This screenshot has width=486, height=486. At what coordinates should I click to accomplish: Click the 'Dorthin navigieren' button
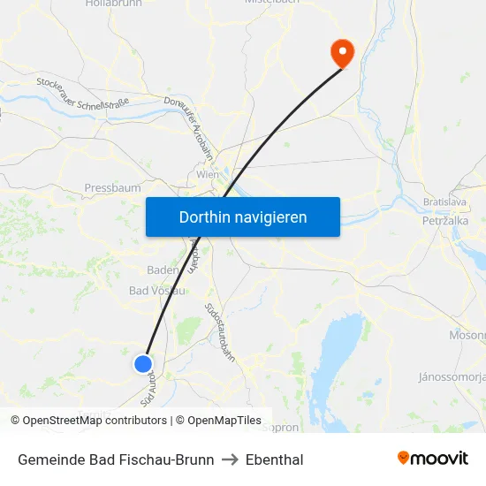coord(243,216)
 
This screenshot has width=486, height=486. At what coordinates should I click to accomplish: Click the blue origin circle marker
coord(143,363)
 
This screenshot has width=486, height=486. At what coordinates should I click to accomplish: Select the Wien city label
coord(208,175)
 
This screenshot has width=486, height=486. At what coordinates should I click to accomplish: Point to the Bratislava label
coord(444,202)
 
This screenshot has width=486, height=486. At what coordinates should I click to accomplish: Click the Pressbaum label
coord(112,188)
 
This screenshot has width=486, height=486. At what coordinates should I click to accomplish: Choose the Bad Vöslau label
coord(157,291)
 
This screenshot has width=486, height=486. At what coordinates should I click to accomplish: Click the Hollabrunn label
coord(113,4)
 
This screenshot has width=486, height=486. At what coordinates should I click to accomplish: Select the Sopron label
coord(281,427)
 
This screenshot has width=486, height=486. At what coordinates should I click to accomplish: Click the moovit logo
coord(433,458)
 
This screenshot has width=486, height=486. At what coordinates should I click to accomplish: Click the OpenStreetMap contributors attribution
coord(88,421)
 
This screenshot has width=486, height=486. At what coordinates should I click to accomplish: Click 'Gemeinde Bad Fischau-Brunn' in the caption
coord(116,459)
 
